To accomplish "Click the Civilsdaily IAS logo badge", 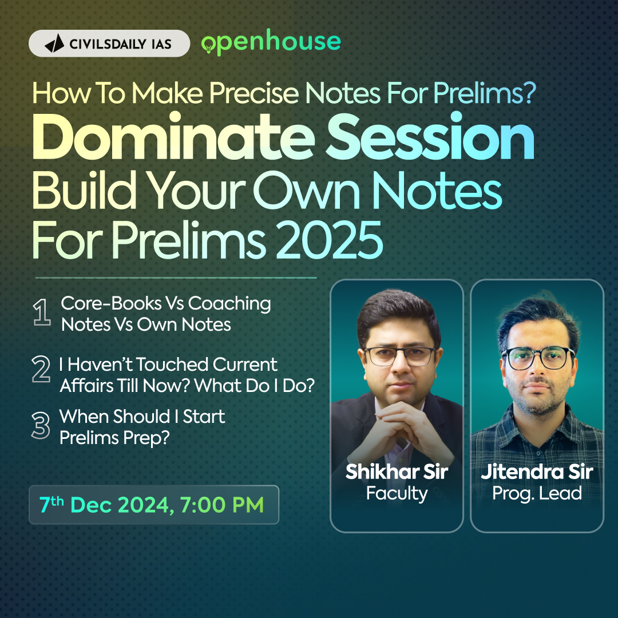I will [x=109, y=43].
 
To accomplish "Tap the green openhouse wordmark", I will [x=271, y=42].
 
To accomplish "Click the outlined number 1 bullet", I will [x=42, y=314].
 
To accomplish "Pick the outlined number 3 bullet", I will [x=41, y=426].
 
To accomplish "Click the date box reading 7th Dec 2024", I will [x=153, y=505].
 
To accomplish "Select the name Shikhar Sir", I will [x=397, y=472].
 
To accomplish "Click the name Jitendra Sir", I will [x=537, y=472].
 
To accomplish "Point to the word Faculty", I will [x=397, y=493].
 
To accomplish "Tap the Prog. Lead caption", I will [x=537, y=493].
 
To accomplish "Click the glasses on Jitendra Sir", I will [x=538, y=358].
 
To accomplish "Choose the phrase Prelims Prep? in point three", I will [x=115, y=438].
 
